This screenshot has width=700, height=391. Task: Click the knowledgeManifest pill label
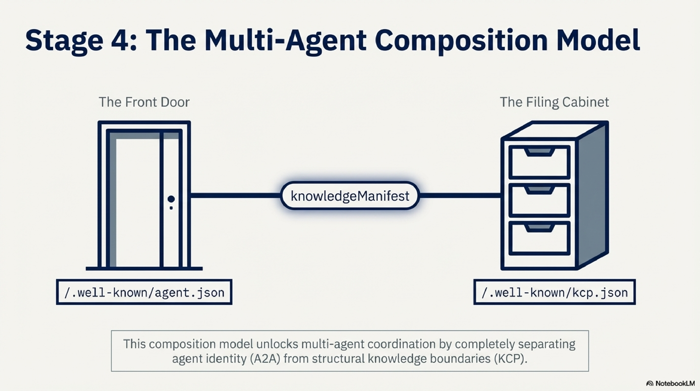[350, 196]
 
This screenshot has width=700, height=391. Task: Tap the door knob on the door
[171, 199]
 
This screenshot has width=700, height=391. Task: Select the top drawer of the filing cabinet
[539, 163]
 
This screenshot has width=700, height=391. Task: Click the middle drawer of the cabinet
[539, 200]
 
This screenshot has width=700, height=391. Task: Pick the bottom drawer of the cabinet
[539, 238]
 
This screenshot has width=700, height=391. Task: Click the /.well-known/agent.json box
[144, 292]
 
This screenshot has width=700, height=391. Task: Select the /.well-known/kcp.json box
[554, 292]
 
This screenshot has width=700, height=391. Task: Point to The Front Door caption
[144, 102]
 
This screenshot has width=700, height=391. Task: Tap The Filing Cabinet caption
[554, 102]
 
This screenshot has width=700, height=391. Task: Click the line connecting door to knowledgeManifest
[235, 195]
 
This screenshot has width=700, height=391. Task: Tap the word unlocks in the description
[277, 344]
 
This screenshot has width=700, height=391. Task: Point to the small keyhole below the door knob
[171, 208]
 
